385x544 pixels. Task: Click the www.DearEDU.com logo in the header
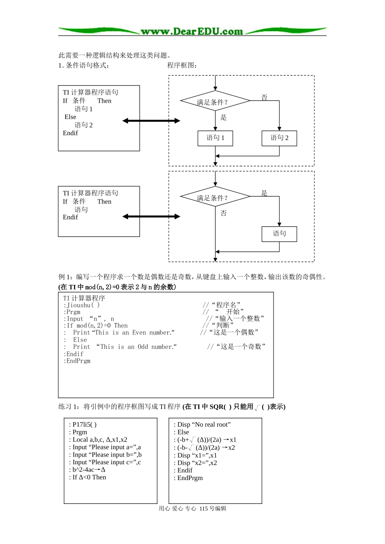point(192,31)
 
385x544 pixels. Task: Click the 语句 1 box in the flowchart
point(215,138)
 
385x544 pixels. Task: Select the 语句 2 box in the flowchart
point(279,138)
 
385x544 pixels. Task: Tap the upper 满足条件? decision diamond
point(215,102)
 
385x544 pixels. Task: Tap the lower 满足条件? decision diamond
point(215,198)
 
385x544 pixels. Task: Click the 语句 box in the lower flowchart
point(279,234)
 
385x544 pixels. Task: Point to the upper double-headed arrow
point(151,121)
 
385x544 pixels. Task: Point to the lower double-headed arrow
point(151,217)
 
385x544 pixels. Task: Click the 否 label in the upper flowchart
point(264,97)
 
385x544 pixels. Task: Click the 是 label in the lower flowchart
point(264,193)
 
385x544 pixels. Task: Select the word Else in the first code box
point(70,117)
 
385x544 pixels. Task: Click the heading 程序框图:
point(182,65)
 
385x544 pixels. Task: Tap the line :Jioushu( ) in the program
point(81,305)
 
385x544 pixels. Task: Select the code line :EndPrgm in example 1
point(77,361)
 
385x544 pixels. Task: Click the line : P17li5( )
point(83,425)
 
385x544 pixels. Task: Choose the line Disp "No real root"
point(202,425)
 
